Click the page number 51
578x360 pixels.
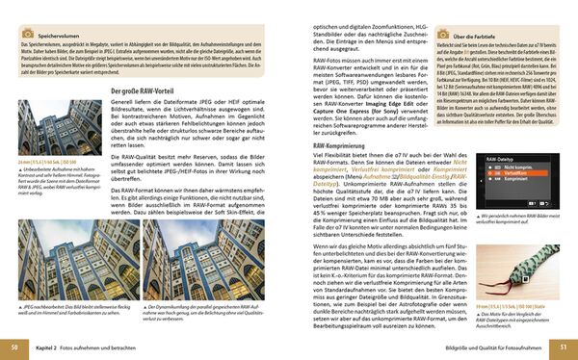(564, 347)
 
